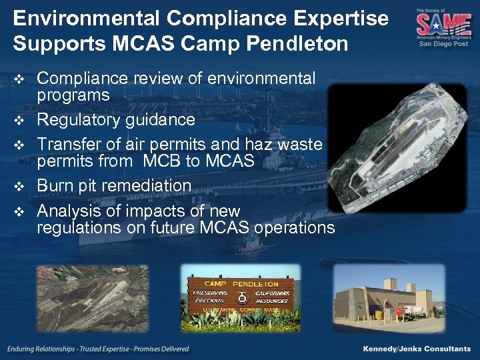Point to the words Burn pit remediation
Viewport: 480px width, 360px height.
click(x=114, y=185)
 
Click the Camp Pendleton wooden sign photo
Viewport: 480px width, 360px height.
click(x=241, y=298)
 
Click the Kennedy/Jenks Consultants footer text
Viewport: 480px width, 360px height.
click(x=417, y=349)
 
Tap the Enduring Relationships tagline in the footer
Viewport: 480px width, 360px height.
click(x=98, y=349)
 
